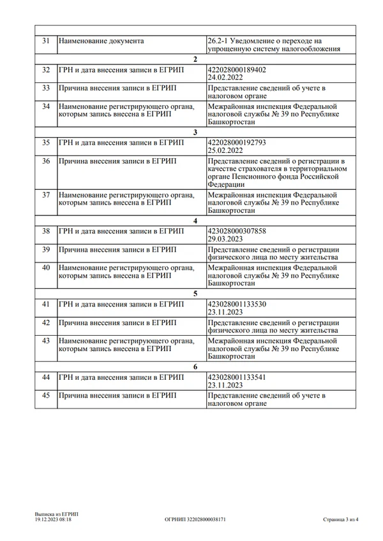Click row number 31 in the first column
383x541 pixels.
tap(45, 41)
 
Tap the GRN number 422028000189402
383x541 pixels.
tap(237, 69)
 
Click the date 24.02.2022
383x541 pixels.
tap(225, 77)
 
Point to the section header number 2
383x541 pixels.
tap(195, 59)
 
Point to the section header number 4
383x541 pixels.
tap(195, 220)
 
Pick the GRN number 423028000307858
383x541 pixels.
tap(237, 231)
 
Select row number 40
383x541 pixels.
tap(45, 268)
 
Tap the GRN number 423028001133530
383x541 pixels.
tap(237, 304)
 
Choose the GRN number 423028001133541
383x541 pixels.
tap(237, 377)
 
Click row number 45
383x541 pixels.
tap(45, 396)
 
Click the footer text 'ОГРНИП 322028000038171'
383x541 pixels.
tap(195, 520)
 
